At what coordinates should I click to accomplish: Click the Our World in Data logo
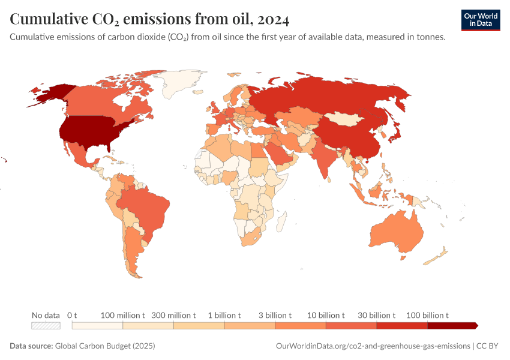pyautogui.click(x=480, y=20)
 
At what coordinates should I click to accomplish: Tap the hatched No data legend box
pyautogui.click(x=46, y=325)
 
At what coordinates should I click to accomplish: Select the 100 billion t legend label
pyautogui.click(x=428, y=315)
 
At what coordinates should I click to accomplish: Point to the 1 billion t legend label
pyautogui.click(x=224, y=315)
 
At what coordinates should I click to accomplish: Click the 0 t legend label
pyautogui.click(x=73, y=315)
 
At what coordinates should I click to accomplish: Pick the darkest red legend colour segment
pyautogui.click(x=452, y=325)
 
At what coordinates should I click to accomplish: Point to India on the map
pyautogui.click(x=324, y=159)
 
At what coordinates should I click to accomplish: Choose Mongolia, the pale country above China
pyautogui.click(x=347, y=118)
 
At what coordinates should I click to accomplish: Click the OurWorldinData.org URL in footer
pyautogui.click(x=373, y=346)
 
